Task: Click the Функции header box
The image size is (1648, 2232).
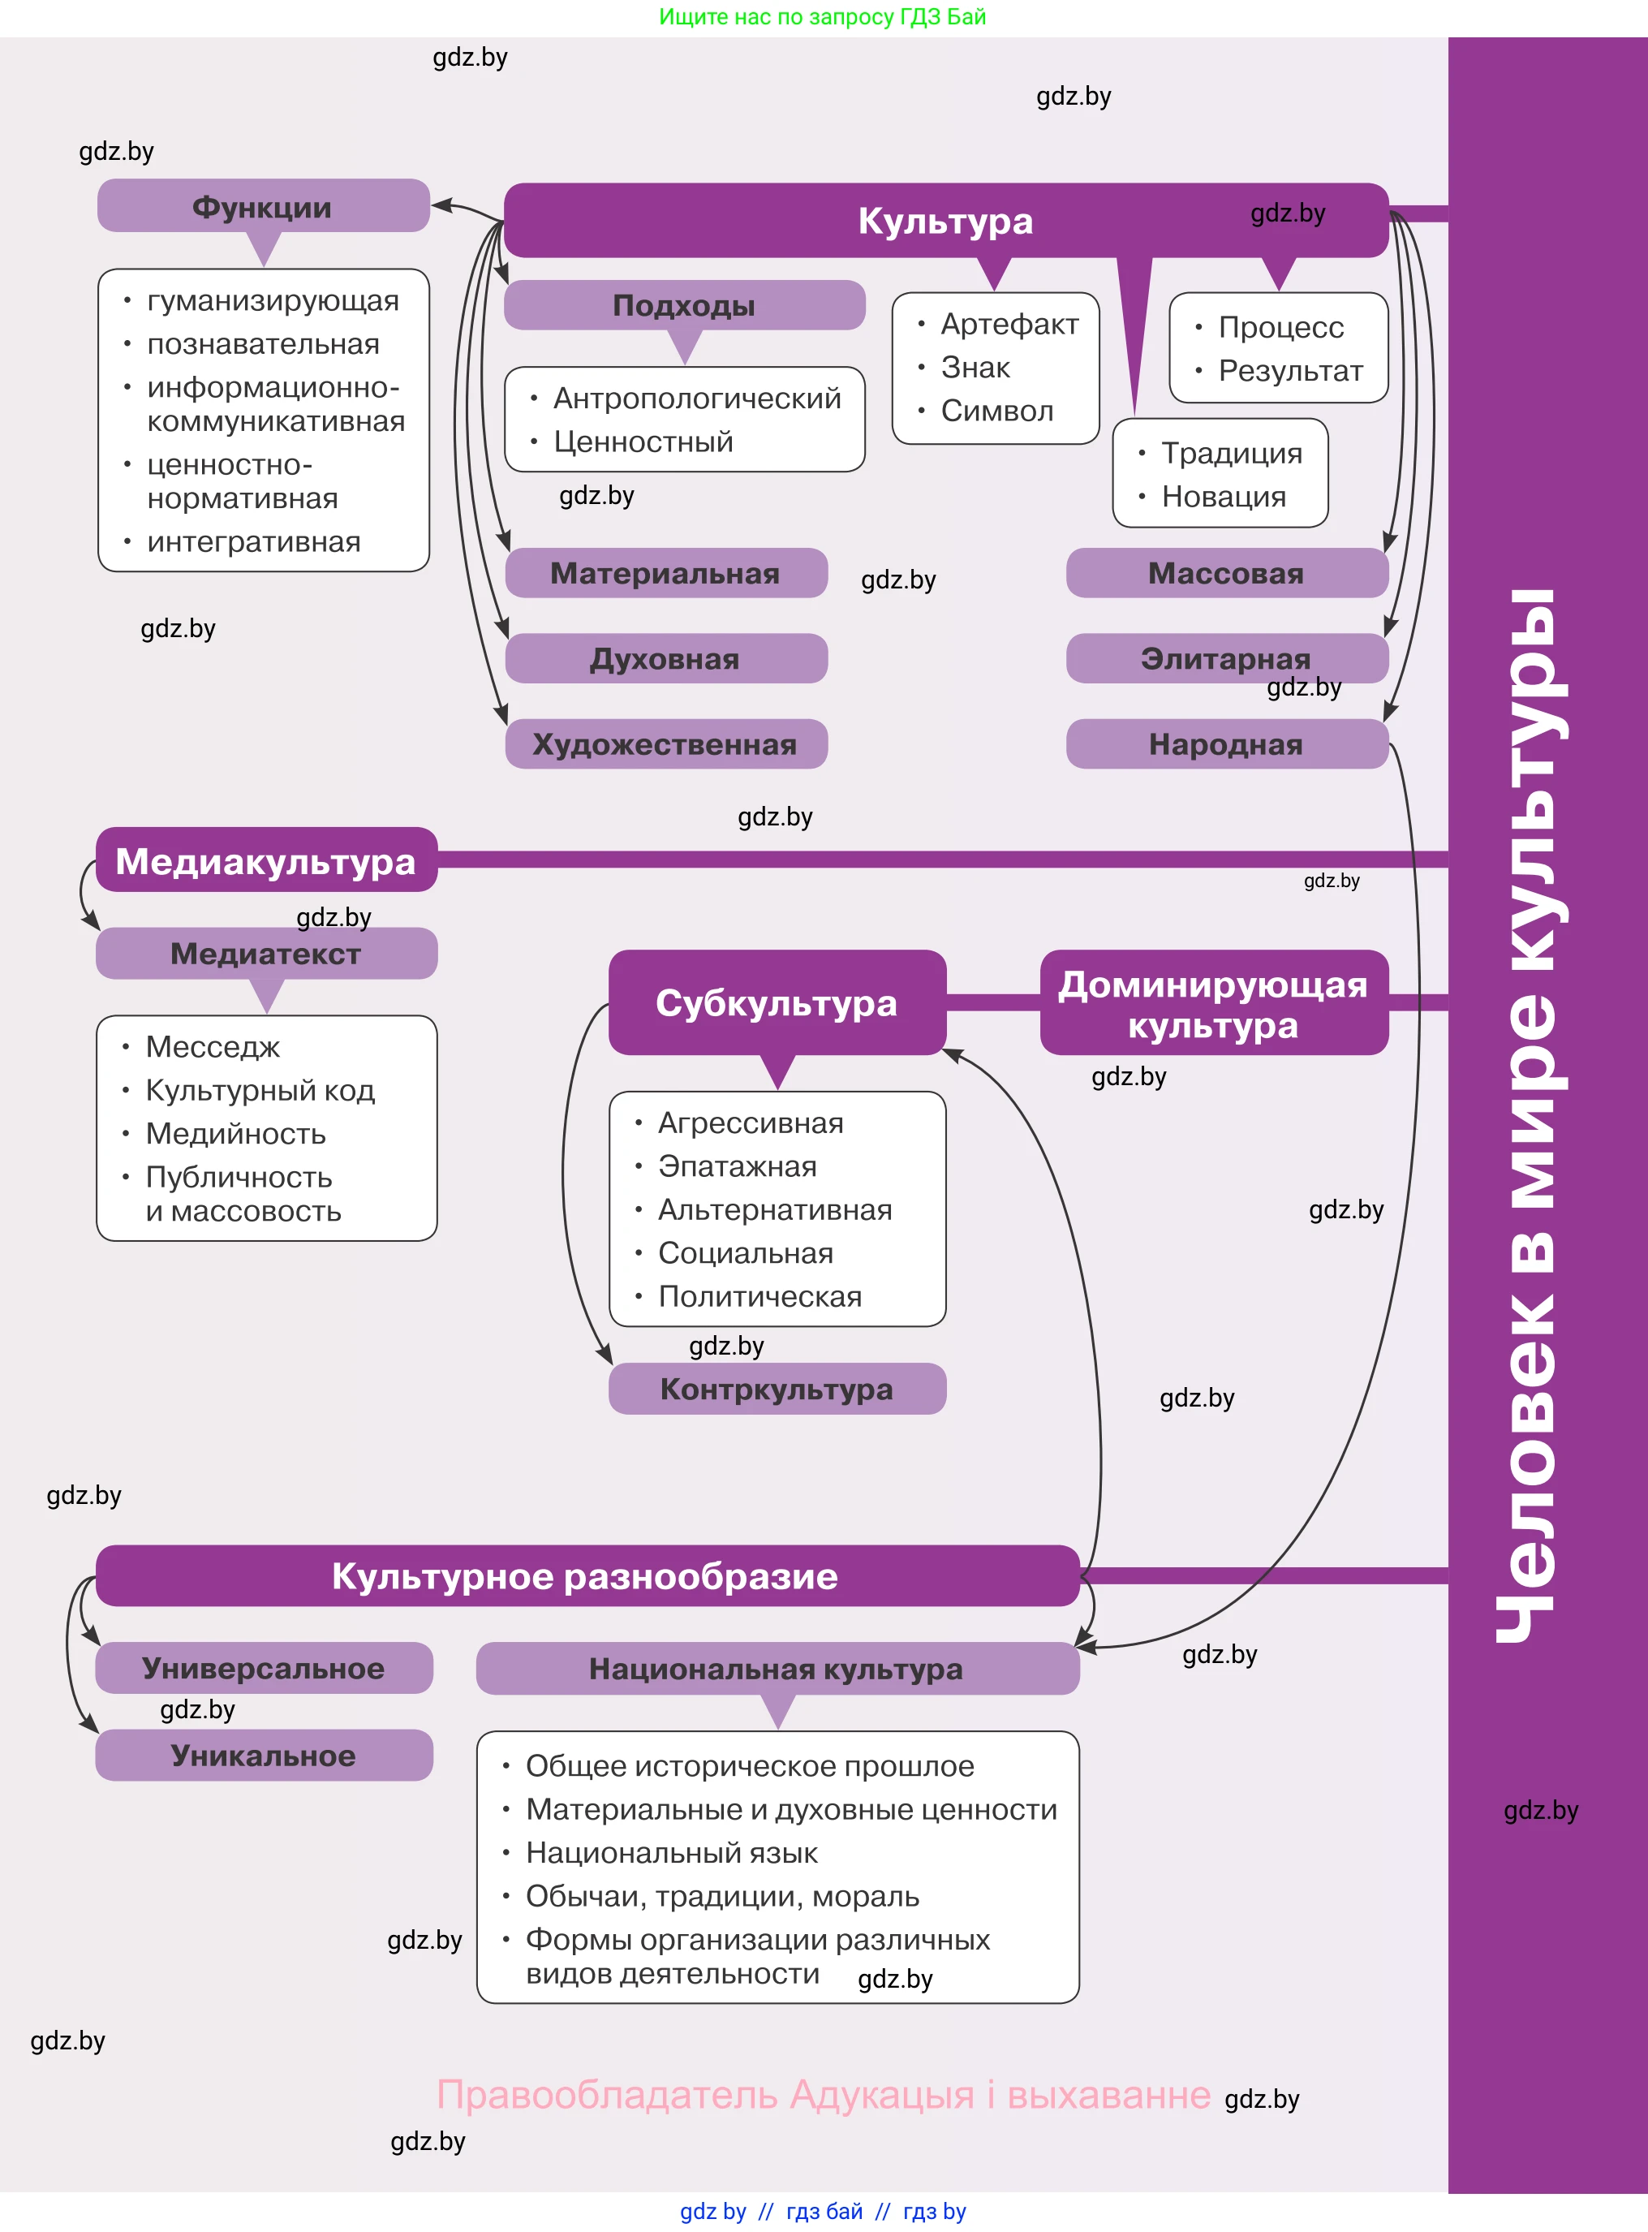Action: pos(262,206)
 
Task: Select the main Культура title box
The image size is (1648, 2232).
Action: pos(944,221)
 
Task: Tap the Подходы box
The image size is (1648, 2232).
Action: pos(683,305)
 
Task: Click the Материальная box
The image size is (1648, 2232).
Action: pos(665,574)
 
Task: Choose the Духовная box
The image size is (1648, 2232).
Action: pos(665,658)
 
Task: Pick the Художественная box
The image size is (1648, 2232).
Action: pos(665,744)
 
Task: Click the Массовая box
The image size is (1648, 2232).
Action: pos(1226,574)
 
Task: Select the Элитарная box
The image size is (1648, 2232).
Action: pos(1226,658)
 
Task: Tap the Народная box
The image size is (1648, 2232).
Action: pos(1226,744)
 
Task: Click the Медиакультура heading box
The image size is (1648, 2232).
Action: pos(265,861)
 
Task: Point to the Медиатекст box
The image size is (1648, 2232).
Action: pos(265,954)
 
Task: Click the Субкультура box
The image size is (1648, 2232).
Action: pos(776,1002)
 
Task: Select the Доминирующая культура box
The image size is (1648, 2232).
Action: pos(1213,1004)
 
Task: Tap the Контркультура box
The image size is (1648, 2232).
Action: pos(776,1389)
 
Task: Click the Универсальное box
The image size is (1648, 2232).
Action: pos(264,1668)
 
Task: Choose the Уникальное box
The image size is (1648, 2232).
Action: pos(264,1755)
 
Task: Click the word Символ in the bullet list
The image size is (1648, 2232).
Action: pos(996,411)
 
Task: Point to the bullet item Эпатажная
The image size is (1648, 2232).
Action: pos(738,1166)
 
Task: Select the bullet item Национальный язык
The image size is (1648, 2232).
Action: pos(671,1853)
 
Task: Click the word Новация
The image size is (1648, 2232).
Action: pos(1223,497)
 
